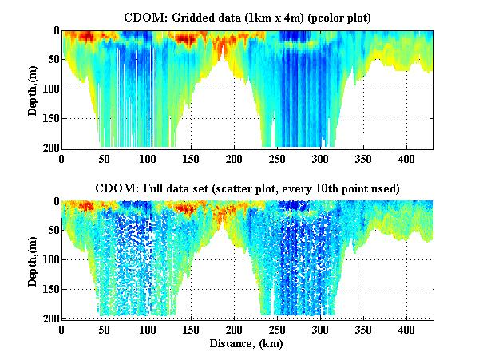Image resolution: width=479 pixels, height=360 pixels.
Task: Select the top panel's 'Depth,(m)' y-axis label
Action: pyautogui.click(x=33, y=89)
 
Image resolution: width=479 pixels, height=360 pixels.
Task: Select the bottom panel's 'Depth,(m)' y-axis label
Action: pyautogui.click(x=33, y=259)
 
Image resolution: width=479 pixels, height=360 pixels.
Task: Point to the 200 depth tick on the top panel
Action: pyautogui.click(x=49, y=148)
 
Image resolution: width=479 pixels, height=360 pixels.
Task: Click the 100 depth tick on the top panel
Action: pyautogui.click(x=49, y=89)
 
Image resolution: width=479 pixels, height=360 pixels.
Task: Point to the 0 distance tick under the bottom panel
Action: pyautogui.click(x=61, y=329)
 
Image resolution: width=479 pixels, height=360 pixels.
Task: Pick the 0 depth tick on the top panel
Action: pyautogui.click(x=53, y=31)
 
